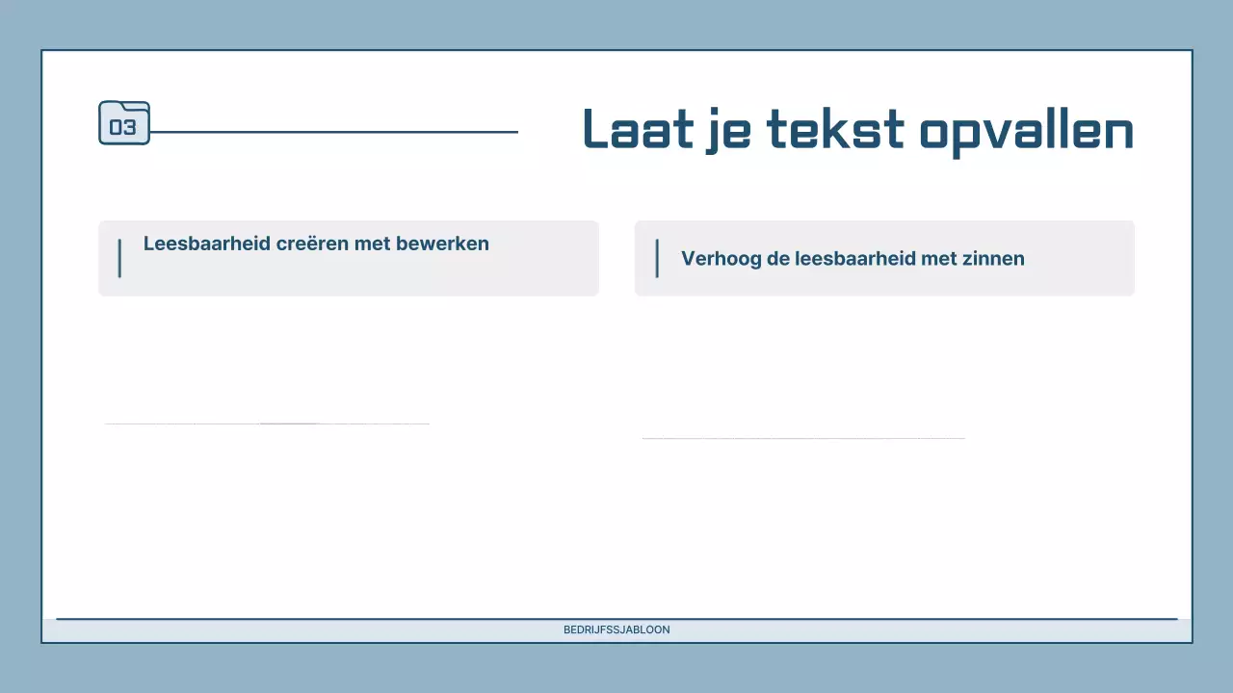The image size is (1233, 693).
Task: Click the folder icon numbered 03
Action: coord(124,123)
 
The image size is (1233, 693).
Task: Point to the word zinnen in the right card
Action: coord(995,258)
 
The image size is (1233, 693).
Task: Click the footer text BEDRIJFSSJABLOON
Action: coord(616,629)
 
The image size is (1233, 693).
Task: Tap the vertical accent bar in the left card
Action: coord(119,258)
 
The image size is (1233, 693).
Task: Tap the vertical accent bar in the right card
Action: coord(657,258)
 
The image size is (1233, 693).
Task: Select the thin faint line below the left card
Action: coord(267,423)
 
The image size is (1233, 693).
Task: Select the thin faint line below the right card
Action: coord(802,438)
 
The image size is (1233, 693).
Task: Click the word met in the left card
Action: coord(372,244)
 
